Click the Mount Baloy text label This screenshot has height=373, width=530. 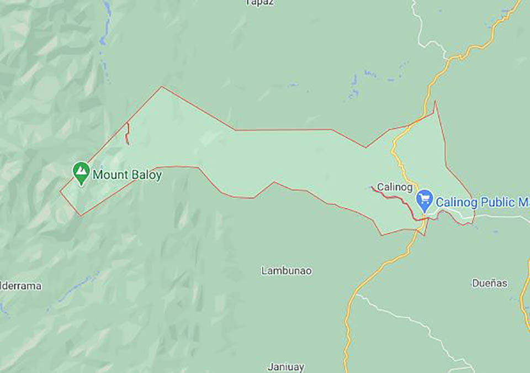tap(127, 175)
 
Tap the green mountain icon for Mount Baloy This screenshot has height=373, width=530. tap(81, 172)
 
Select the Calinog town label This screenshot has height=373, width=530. tap(395, 187)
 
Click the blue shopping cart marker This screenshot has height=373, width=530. tap(425, 199)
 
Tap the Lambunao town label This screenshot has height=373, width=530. tap(287, 271)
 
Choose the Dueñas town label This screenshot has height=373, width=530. tap(489, 283)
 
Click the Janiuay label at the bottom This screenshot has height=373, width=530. tap(286, 366)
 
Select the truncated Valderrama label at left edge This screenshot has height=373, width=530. tap(21, 286)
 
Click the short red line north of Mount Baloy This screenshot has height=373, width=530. tap(127, 133)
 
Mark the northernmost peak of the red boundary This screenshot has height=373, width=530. tap(162, 87)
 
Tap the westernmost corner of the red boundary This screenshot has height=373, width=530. tap(60, 192)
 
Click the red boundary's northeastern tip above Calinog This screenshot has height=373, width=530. tap(435, 102)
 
